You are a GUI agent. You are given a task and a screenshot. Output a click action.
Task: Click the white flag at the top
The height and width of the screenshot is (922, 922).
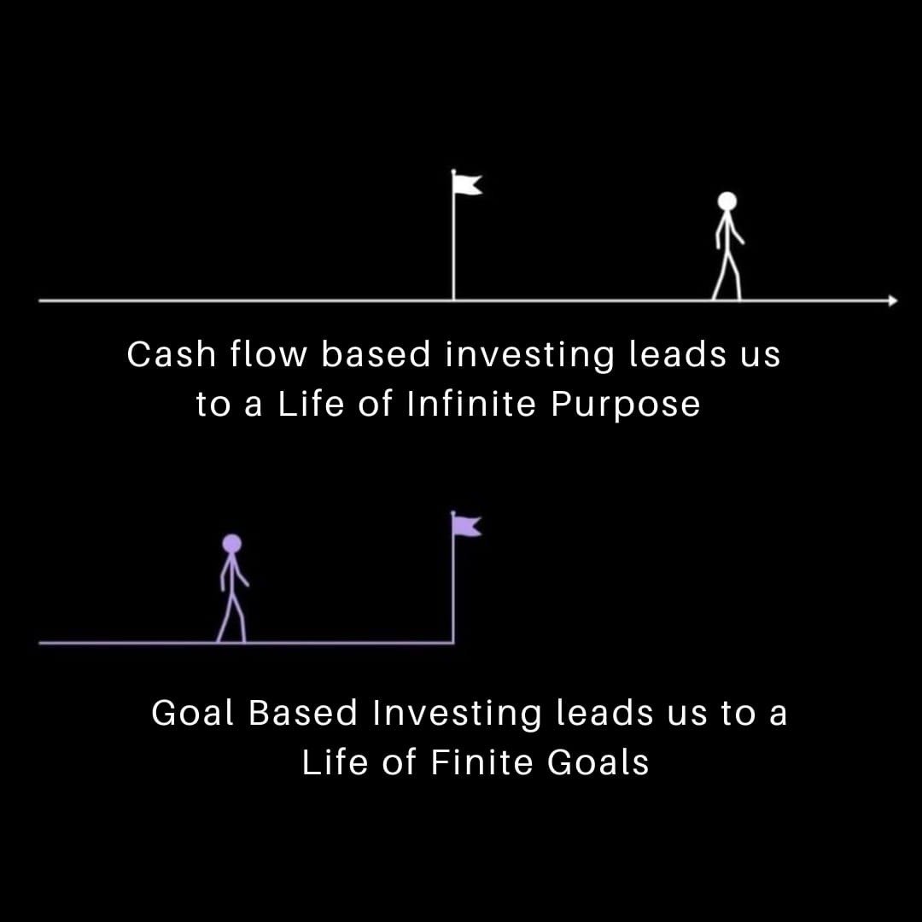(x=468, y=184)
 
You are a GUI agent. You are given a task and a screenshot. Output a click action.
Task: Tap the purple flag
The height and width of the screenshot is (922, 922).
(x=468, y=524)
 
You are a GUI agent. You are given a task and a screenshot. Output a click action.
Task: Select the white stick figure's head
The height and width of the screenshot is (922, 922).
(x=727, y=201)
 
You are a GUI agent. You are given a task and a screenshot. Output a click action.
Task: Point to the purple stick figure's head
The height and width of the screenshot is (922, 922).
(x=231, y=543)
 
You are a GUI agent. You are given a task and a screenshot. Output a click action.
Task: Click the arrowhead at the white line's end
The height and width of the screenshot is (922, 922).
(x=892, y=301)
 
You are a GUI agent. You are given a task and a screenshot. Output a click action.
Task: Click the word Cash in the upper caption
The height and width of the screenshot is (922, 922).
(x=170, y=354)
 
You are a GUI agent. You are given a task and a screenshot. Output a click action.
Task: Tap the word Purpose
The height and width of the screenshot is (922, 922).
(x=626, y=403)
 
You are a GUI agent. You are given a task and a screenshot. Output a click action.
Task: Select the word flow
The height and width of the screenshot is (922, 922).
(x=267, y=354)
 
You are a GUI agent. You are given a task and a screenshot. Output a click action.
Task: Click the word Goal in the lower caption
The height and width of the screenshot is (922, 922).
(x=193, y=713)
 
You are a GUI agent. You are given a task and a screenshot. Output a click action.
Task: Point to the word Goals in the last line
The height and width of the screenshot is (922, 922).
(x=598, y=762)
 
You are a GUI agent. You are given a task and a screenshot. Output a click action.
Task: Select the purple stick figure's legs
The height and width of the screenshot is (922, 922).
(x=231, y=617)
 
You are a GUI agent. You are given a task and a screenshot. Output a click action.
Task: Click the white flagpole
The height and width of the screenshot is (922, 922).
(x=453, y=248)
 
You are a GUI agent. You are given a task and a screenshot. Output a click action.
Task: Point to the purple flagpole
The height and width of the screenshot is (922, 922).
(x=452, y=589)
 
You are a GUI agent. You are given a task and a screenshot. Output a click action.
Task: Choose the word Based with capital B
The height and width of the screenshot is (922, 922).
(x=303, y=713)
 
